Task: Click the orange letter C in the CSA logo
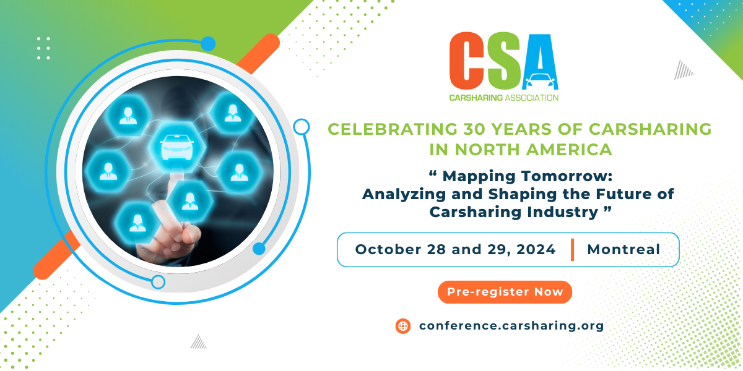click(466, 61)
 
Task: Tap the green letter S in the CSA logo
click(502, 61)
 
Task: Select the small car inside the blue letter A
click(541, 80)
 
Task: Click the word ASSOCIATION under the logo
click(531, 98)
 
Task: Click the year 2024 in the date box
click(536, 249)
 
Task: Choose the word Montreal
click(624, 249)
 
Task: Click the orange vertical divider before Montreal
click(573, 250)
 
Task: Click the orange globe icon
click(403, 326)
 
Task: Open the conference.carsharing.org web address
click(511, 326)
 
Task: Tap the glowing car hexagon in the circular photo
click(177, 147)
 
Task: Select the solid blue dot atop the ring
click(208, 44)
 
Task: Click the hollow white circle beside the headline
click(302, 127)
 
